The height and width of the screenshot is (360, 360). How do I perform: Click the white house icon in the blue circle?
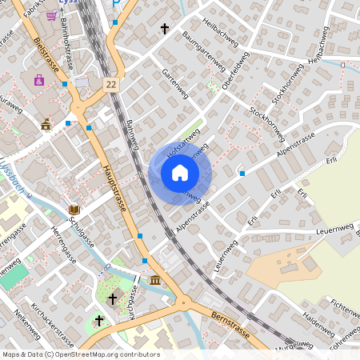180,173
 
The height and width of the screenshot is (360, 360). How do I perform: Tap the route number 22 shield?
111,84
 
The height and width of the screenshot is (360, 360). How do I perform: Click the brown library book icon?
74,210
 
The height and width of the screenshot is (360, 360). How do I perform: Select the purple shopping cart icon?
52,15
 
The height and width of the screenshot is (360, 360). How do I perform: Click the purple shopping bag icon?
38,80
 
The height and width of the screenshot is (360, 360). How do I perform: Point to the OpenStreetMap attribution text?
80,354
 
